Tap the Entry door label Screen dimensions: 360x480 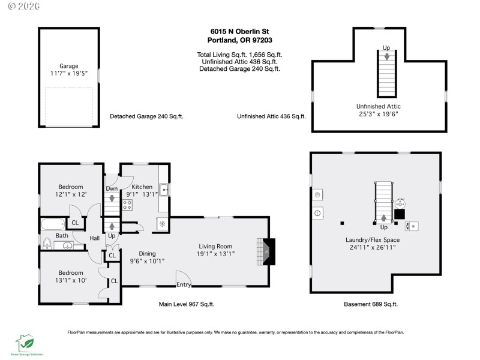tap(184, 284)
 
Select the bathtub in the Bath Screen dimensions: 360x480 tap(53, 226)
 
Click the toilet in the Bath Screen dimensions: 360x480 tap(47, 244)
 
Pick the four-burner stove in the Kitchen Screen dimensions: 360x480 tap(127, 205)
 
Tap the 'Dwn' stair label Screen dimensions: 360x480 tap(112, 189)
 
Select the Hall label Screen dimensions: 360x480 tap(95, 238)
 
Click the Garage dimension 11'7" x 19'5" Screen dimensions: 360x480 tap(69, 73)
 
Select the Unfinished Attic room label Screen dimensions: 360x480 tap(378, 106)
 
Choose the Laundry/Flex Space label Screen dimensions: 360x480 tap(373, 240)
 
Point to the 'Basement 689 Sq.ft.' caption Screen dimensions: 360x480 tap(371, 304)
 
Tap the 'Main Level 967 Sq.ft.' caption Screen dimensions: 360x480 tap(187, 304)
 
